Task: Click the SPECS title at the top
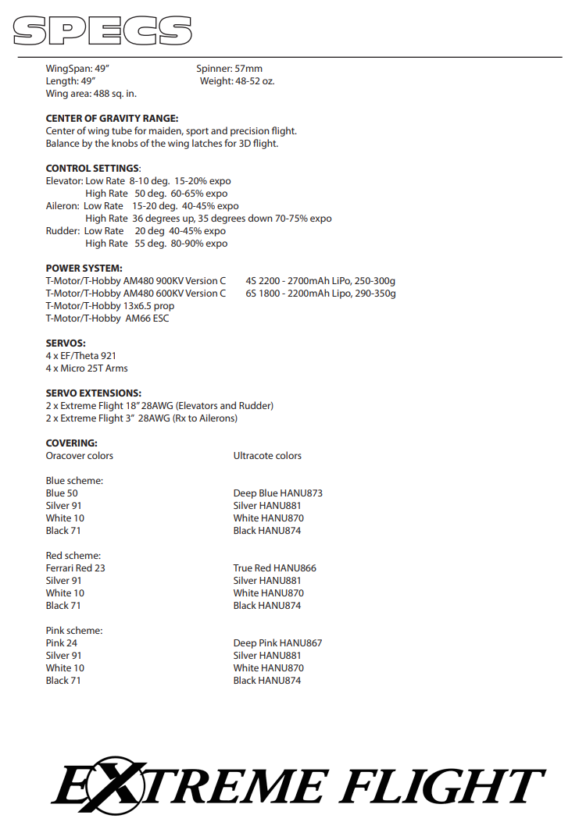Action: tap(102, 30)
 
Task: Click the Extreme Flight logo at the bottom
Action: tap(298, 785)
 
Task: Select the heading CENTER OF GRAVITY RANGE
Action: tap(112, 119)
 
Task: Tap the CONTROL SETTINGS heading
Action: tap(92, 169)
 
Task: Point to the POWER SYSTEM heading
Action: tap(84, 269)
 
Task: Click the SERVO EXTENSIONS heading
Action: tap(93, 393)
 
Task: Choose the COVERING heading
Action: tap(71, 443)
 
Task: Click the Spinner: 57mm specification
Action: tap(229, 69)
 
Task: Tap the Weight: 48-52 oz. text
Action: tap(237, 81)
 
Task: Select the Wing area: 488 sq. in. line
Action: tap(91, 94)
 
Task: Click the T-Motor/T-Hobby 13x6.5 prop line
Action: tap(110, 306)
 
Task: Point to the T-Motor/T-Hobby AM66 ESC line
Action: tap(107, 318)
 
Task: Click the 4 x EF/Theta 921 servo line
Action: tap(81, 356)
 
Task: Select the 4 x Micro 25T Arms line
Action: tap(87, 368)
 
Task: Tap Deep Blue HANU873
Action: tap(277, 493)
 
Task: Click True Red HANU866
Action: tap(274, 568)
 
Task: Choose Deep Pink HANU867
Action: tap(277, 643)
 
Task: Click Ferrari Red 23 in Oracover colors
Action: tap(75, 568)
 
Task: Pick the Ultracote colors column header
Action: tap(267, 456)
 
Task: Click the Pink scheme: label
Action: tap(74, 631)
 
